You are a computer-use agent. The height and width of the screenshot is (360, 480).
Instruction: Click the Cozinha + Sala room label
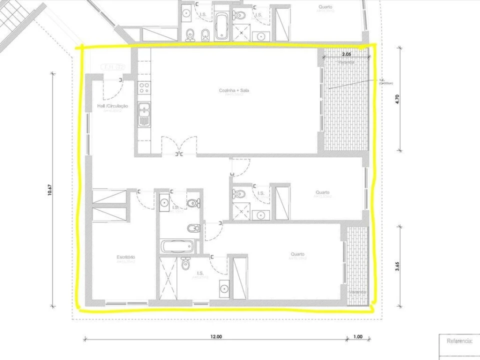[x=234, y=90]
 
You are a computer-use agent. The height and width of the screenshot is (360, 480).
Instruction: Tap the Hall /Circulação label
[x=112, y=106]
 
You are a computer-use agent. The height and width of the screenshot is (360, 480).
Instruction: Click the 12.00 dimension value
[x=215, y=337]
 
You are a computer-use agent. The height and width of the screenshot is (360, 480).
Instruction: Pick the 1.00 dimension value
[x=357, y=337]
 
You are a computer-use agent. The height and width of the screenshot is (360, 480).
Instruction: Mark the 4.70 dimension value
[x=397, y=98]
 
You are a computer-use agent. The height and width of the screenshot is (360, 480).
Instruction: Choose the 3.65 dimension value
[x=397, y=266]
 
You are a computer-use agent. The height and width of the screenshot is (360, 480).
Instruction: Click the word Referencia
[x=459, y=341]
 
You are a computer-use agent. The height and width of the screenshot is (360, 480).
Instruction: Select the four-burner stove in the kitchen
[x=144, y=88]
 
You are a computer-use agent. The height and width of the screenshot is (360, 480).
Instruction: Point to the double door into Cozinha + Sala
[x=179, y=146]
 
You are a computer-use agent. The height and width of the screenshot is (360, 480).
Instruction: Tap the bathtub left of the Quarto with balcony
[x=176, y=246]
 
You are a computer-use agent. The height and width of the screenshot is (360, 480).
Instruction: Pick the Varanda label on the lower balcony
[x=357, y=292]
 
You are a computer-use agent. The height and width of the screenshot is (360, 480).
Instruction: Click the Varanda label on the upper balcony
[x=346, y=62]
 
